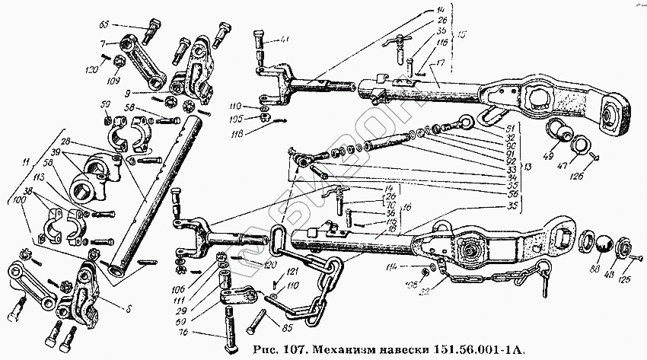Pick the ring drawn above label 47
[x=578, y=145]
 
